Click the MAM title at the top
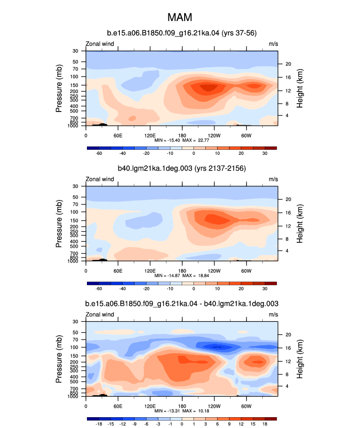pyautogui.click(x=180, y=17)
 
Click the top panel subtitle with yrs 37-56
pyautogui.click(x=182, y=33)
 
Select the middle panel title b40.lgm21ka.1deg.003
pyautogui.click(x=155, y=168)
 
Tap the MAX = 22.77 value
pyautogui.click(x=195, y=141)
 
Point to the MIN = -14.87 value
pyautogui.click(x=167, y=276)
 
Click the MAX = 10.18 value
pyautogui.click(x=195, y=411)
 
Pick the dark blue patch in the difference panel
pyautogui.click(x=217, y=347)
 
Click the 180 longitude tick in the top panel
pyautogui.click(x=182, y=136)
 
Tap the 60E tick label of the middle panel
pyautogui.click(x=118, y=271)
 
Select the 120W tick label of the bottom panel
pyautogui.click(x=214, y=406)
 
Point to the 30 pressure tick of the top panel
pyautogui.click(x=75, y=51)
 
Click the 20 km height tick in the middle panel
pyautogui.click(x=288, y=200)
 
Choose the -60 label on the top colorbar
pyautogui.click(x=99, y=153)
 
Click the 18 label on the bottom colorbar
pyautogui.click(x=265, y=424)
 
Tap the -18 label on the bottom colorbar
pyautogui.click(x=99, y=424)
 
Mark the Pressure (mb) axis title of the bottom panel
pyautogui.click(x=58, y=359)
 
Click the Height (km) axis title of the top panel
pyautogui.click(x=300, y=88)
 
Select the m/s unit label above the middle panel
pyautogui.click(x=273, y=179)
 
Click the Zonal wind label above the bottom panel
pyautogui.click(x=100, y=314)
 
